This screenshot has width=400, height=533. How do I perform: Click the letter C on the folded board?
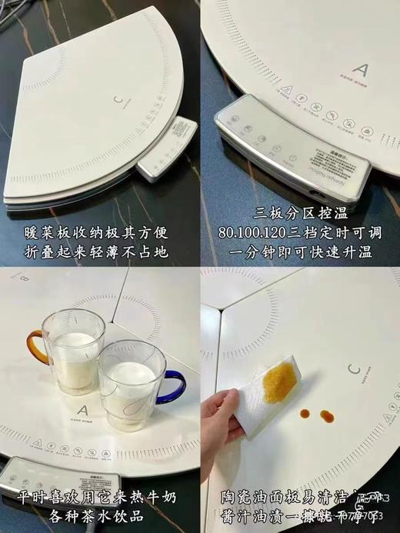[118, 100]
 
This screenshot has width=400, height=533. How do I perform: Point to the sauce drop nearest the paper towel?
[305, 414]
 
